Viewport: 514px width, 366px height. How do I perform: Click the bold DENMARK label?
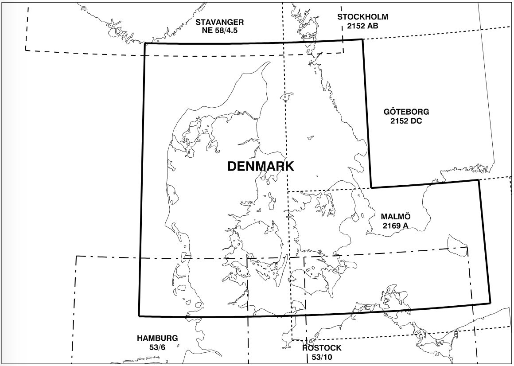pos(261,166)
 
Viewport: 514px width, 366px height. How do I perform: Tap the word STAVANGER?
pos(220,22)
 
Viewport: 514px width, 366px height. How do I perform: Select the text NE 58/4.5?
pos(220,30)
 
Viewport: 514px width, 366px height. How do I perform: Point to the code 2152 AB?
pos(362,25)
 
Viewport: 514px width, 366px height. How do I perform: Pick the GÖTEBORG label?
pos(406,112)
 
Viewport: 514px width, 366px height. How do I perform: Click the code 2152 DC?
pos(406,120)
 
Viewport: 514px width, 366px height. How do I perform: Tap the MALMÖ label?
pos(396,217)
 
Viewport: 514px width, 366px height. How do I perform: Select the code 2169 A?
pos(396,226)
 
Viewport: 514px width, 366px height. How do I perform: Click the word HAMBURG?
pos(157,338)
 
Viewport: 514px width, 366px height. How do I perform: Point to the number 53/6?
pos(157,347)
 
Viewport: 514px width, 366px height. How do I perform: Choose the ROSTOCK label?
pos(322,348)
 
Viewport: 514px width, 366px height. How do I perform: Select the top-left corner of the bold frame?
pos(145,43)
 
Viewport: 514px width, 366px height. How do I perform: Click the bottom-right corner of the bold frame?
pos(490,303)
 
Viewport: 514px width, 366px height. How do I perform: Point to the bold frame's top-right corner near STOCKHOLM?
pos(363,39)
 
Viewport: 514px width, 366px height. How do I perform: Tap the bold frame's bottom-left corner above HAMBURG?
pos(139,316)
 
